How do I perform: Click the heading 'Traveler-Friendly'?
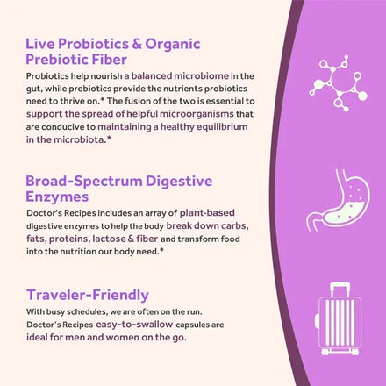coord(87,294)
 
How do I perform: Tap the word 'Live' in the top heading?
coord(40,43)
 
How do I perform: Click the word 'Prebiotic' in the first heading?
coord(61,60)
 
